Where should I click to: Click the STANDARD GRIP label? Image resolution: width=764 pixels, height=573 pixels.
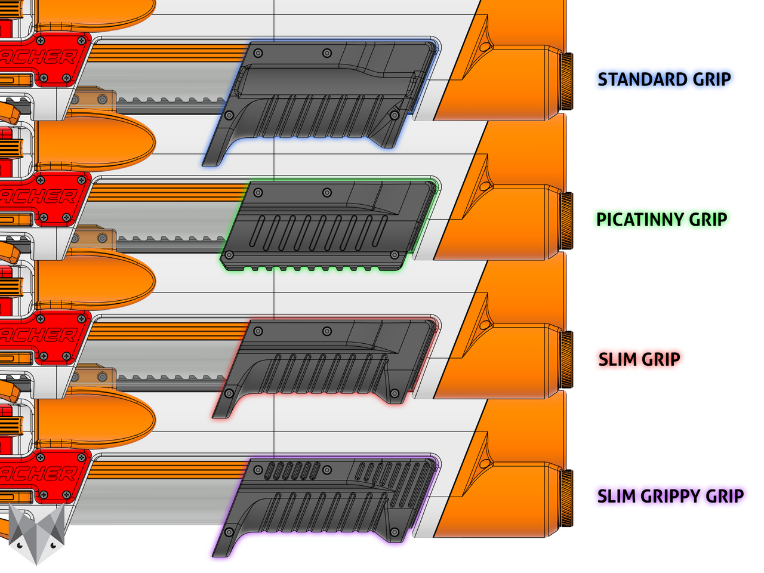tap(664, 79)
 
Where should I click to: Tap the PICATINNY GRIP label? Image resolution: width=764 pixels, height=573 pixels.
tap(661, 220)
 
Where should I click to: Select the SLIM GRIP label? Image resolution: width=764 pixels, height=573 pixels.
tap(639, 359)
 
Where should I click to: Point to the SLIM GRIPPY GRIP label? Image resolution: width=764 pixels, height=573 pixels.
tap(670, 496)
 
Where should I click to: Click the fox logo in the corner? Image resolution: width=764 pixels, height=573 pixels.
tap(37, 533)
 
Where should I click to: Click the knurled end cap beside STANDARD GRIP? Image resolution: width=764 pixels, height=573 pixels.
tap(566, 81)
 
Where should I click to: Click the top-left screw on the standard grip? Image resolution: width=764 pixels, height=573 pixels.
tap(258, 53)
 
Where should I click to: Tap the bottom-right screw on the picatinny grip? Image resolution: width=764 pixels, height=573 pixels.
tap(394, 255)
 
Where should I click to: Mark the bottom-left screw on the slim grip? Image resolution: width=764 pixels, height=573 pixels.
tap(229, 394)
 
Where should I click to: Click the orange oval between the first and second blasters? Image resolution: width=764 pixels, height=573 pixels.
tap(95, 142)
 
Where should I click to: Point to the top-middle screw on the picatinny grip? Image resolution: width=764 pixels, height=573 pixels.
tap(326, 192)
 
